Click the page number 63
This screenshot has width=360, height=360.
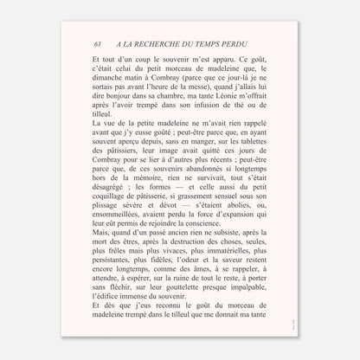click(x=98, y=44)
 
